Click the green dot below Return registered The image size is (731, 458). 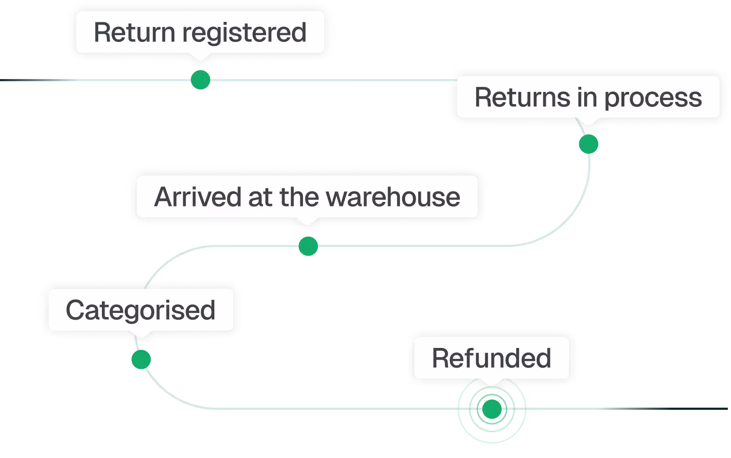point(200,80)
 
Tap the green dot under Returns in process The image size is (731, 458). point(589,144)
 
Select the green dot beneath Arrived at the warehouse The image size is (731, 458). point(308,246)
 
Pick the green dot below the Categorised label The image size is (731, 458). point(141,359)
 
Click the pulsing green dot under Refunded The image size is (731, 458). point(492,409)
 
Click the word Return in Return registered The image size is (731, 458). point(134,33)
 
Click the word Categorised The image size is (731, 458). point(141,311)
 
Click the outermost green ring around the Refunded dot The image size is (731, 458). point(525,409)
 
